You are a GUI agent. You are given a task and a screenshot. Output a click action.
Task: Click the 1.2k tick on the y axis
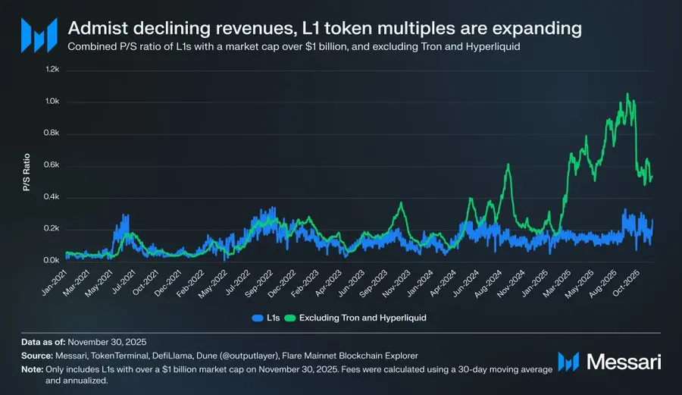51,69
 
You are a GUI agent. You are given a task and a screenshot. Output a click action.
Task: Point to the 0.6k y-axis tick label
51,165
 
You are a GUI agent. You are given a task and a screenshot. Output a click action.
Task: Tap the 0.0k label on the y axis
51,260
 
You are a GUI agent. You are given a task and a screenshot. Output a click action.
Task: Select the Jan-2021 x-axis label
53,280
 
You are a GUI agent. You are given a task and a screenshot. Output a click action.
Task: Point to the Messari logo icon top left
38,36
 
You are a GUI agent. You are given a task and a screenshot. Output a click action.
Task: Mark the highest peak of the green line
627,93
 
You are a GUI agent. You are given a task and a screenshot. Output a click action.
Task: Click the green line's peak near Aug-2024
508,165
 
